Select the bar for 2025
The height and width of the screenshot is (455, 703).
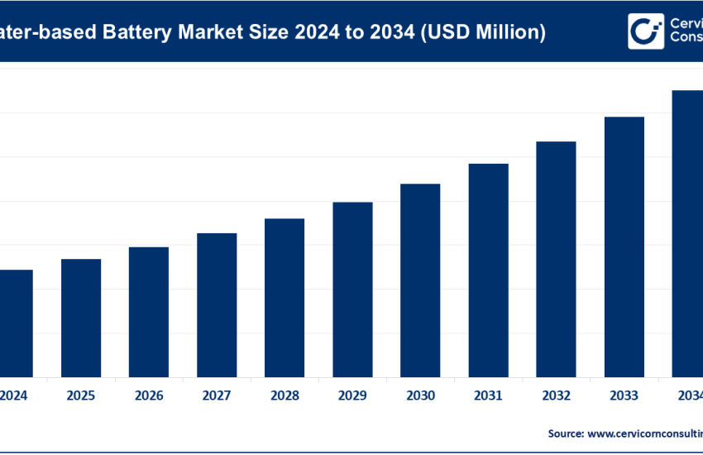click(x=81, y=318)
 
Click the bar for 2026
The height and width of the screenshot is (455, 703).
click(x=149, y=312)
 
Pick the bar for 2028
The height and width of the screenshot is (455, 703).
click(x=285, y=297)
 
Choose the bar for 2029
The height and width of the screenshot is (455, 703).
click(x=352, y=289)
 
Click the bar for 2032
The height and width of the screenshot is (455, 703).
click(x=556, y=259)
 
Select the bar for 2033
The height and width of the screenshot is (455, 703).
click(x=624, y=247)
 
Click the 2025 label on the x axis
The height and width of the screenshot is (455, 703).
click(x=81, y=396)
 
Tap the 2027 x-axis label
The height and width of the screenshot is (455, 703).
click(x=217, y=396)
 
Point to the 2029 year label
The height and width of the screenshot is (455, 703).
click(x=352, y=396)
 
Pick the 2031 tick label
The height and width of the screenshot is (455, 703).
click(x=488, y=396)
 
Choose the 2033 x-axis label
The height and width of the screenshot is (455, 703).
click(x=624, y=396)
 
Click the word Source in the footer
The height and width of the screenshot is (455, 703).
click(x=565, y=433)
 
